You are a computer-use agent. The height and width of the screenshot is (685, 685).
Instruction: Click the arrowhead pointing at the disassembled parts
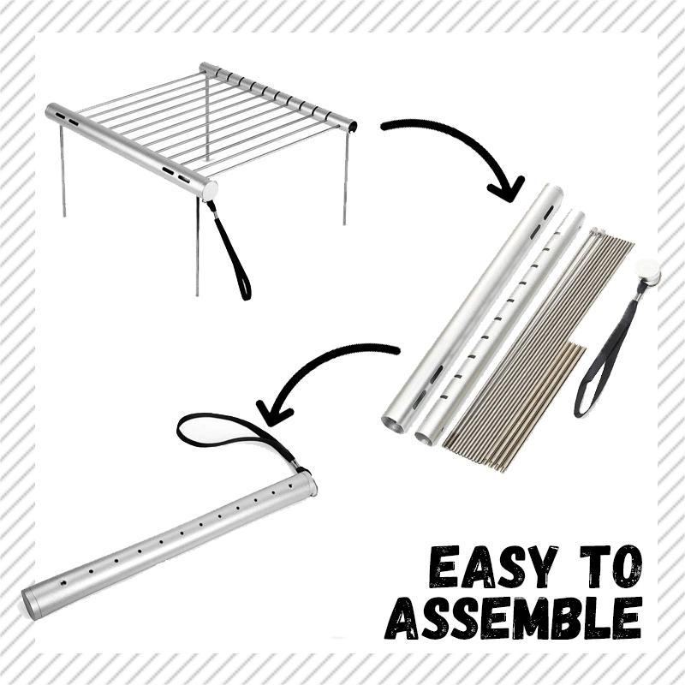(x=508, y=188)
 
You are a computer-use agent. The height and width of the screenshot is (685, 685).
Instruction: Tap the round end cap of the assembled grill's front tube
(x=210, y=190)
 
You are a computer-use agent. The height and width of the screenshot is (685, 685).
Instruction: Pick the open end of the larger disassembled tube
(x=393, y=424)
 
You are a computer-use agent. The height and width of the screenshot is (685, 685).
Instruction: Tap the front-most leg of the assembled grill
(x=198, y=247)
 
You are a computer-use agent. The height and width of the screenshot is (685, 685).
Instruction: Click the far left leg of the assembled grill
(x=63, y=170)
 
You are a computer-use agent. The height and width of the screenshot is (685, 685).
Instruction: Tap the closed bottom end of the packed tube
(x=31, y=604)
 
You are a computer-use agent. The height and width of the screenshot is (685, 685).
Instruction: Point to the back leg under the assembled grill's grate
(x=207, y=119)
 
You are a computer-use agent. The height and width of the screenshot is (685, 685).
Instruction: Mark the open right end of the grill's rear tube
(x=352, y=127)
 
